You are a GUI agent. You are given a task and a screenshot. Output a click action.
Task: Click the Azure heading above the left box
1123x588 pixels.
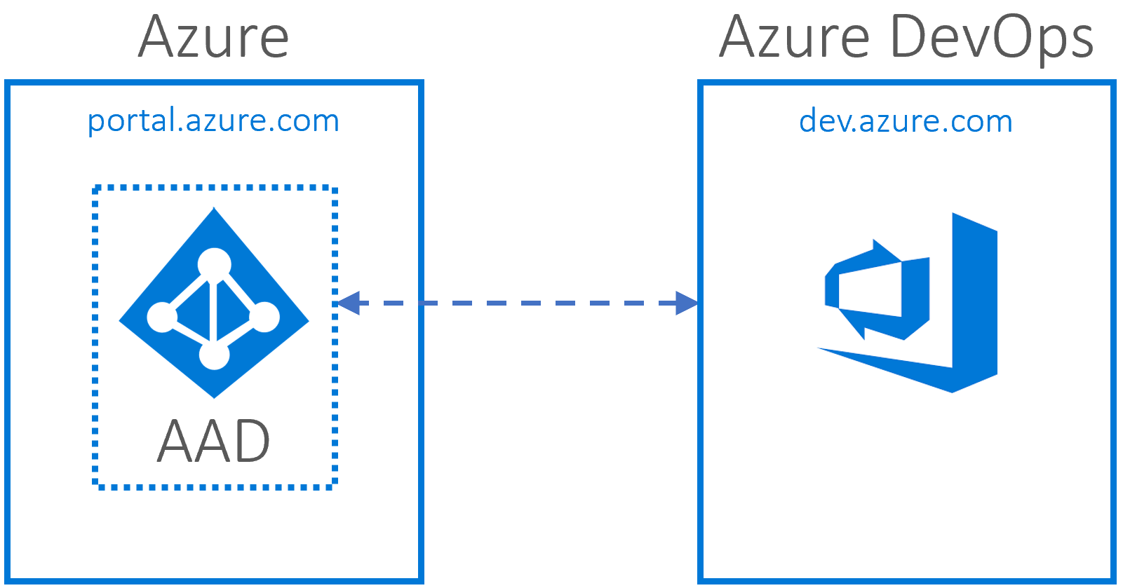pos(213,38)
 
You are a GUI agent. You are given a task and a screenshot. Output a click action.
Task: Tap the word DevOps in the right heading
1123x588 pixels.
pos(992,38)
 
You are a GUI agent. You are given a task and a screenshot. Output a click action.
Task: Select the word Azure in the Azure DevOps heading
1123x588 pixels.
pos(795,38)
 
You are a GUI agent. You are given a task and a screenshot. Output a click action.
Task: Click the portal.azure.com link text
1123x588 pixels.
pos(213,121)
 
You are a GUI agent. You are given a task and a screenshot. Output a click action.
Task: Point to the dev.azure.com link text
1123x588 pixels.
pos(906,122)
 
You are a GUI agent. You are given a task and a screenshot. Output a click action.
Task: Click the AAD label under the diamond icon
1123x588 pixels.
pos(213,442)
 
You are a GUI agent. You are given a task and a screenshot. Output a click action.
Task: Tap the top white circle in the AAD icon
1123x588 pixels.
pos(214,264)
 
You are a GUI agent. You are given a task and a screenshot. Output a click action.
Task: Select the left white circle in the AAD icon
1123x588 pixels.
pos(161,317)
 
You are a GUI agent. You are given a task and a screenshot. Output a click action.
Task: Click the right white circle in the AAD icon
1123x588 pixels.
pos(265,317)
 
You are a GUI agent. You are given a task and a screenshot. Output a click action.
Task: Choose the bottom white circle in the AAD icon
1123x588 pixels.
pos(214,355)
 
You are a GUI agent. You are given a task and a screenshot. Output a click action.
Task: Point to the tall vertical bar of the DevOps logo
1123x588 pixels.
pos(974,301)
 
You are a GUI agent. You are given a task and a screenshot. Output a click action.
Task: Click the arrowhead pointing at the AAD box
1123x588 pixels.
pos(348,303)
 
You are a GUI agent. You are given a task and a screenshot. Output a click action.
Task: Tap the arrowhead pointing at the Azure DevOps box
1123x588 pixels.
pos(686,303)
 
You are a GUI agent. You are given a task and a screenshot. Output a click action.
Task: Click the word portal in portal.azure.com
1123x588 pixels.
pos(131,121)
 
